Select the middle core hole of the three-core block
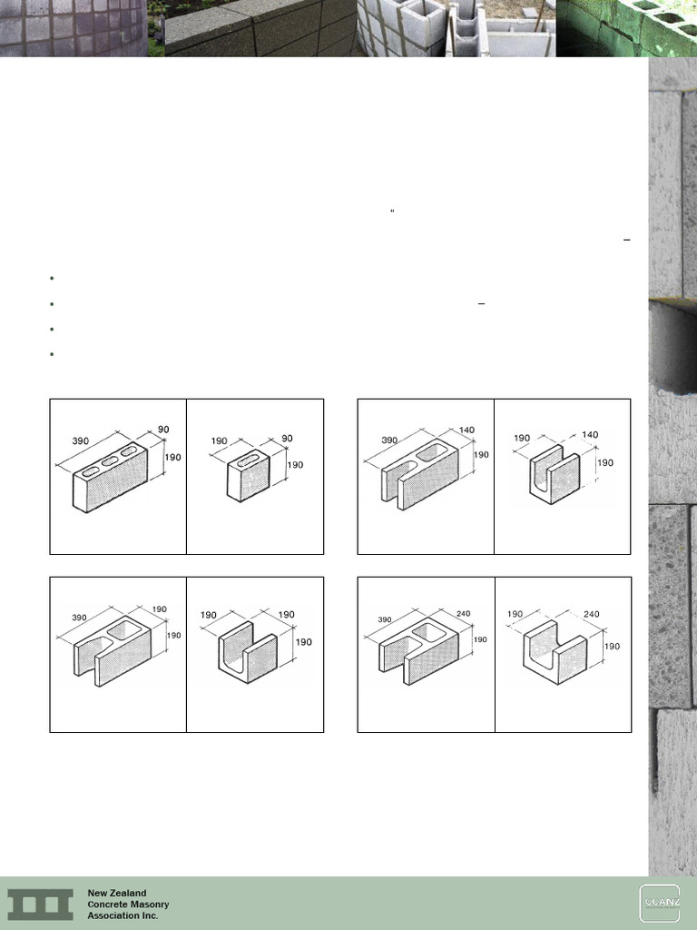click(x=111, y=461)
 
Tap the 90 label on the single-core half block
click(x=287, y=439)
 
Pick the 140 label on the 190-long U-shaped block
click(x=590, y=435)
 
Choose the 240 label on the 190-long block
click(x=592, y=614)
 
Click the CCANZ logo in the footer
click(x=659, y=903)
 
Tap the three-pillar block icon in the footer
click(x=40, y=904)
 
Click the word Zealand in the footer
click(x=130, y=893)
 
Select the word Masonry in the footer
click(x=149, y=905)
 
